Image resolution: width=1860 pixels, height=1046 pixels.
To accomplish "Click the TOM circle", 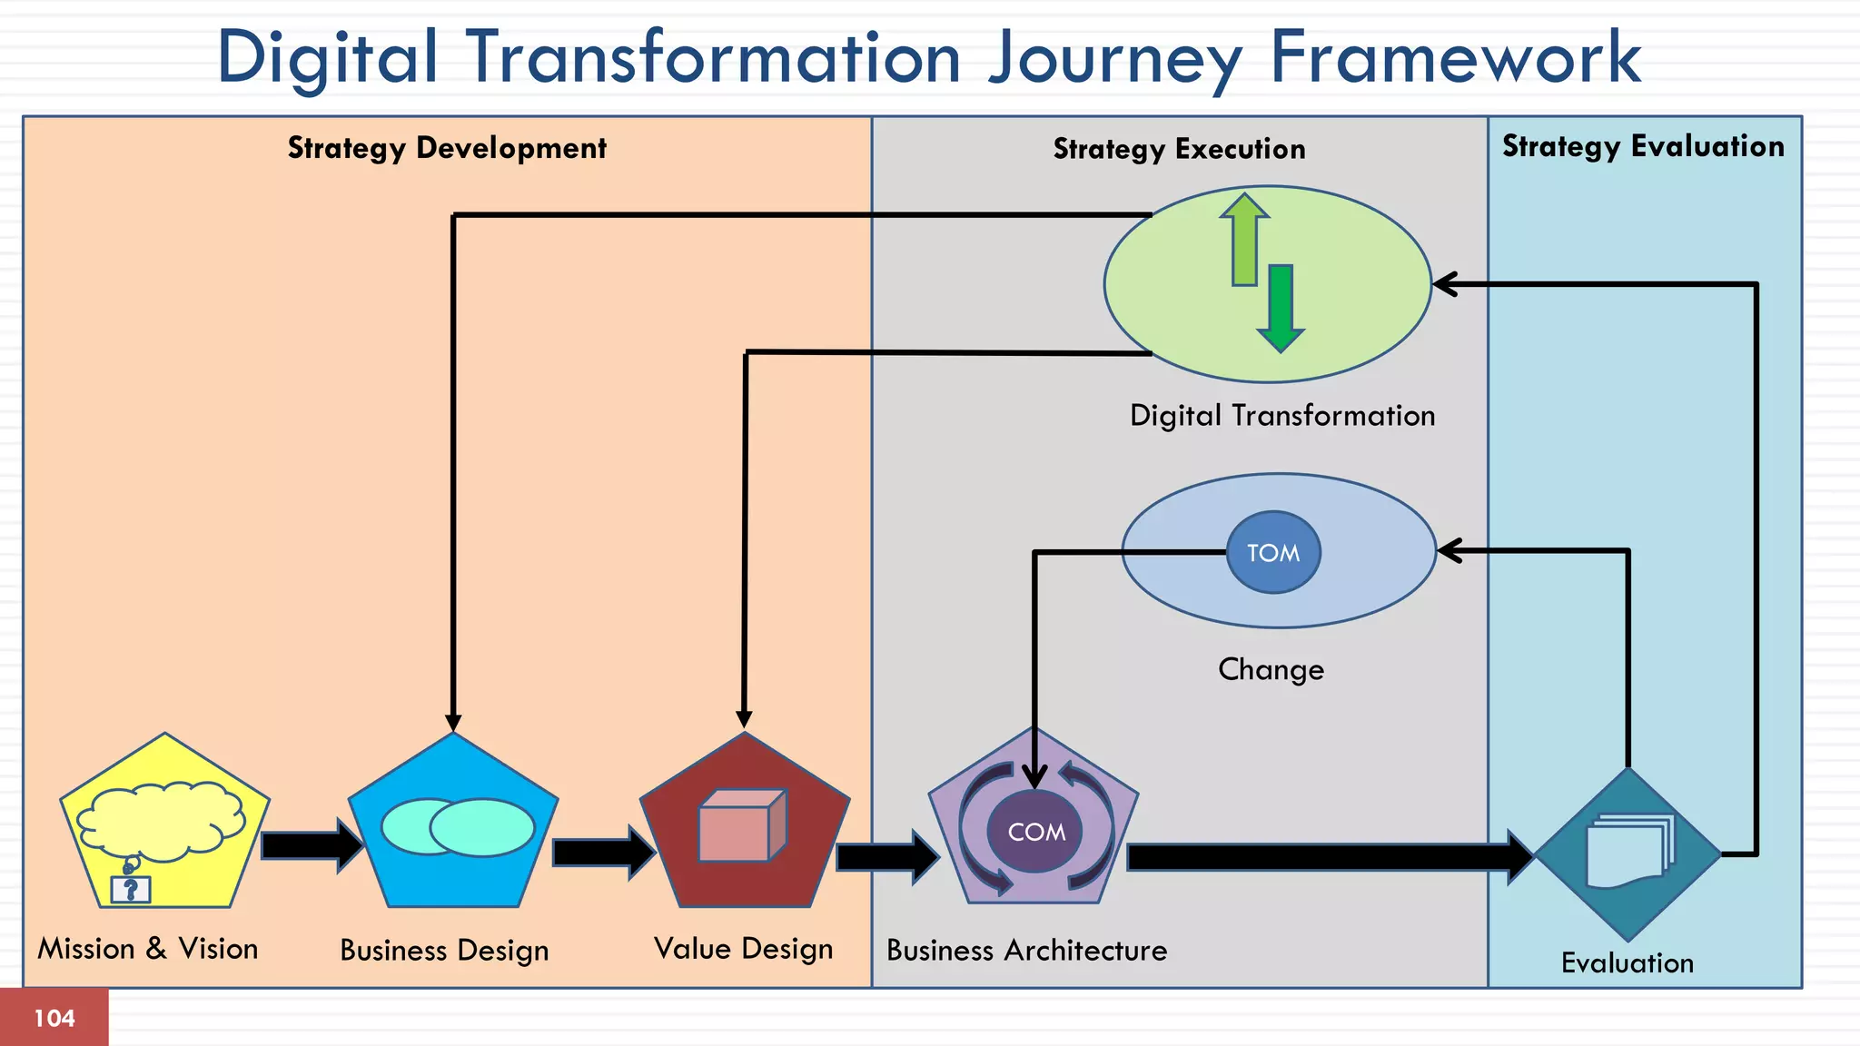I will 1272,552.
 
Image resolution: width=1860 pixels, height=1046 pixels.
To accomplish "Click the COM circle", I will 1034,831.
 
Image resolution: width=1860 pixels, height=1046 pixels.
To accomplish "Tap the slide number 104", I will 54,1018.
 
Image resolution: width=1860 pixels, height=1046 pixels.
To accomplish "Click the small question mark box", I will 131,889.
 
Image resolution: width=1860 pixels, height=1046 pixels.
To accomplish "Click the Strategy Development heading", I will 447,147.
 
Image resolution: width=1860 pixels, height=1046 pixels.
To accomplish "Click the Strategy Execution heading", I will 1179,149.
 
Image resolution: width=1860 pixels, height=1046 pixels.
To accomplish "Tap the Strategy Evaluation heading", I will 1642,146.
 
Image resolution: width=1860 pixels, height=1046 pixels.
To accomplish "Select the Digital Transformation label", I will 1281,416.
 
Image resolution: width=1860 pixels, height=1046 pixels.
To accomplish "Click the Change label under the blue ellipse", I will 1271,669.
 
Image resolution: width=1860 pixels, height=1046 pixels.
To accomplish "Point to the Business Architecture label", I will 1026,951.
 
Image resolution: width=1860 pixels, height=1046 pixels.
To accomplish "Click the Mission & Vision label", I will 148,949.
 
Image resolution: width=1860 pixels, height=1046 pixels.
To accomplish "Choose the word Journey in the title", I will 1114,58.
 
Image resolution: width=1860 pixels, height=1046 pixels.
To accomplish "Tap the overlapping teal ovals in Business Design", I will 457,826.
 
